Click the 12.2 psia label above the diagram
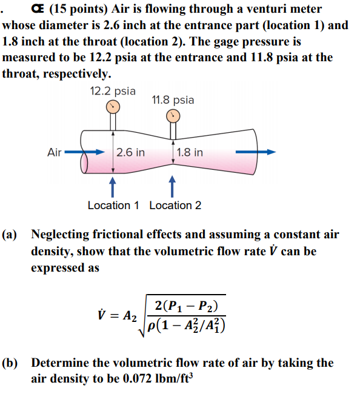tap(113, 91)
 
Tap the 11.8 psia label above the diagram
tap(173, 99)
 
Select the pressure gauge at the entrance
tap(113, 107)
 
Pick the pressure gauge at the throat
tap(173, 115)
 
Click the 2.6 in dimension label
tap(131, 152)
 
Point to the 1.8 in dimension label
tap(190, 152)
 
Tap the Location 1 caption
tap(113, 206)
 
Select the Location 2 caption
tap(175, 206)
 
